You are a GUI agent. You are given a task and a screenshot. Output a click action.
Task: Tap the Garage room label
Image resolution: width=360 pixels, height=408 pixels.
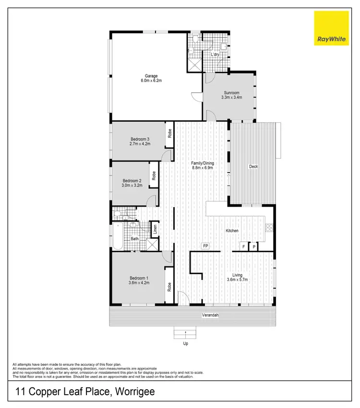pyautogui.click(x=152, y=76)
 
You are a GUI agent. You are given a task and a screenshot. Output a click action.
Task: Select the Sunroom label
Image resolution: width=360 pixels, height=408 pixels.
pyautogui.click(x=231, y=93)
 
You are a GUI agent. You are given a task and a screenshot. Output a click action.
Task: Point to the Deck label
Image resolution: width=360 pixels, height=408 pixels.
pyautogui.click(x=253, y=167)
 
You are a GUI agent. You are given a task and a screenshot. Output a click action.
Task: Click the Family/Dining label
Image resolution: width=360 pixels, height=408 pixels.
pyautogui.click(x=203, y=163)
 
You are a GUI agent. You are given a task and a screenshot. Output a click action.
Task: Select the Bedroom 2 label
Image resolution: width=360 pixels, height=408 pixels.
pyautogui.click(x=132, y=181)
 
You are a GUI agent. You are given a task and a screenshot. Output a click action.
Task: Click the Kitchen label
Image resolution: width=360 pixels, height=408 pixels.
pyautogui.click(x=232, y=231)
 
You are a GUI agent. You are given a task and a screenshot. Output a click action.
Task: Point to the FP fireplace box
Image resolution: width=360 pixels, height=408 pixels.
pyautogui.click(x=205, y=246)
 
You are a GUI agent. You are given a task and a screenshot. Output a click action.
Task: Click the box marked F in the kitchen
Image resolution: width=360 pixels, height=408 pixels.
pyautogui.click(x=244, y=247)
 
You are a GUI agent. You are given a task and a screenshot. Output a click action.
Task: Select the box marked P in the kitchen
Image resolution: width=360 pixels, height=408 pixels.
pyautogui.click(x=254, y=247)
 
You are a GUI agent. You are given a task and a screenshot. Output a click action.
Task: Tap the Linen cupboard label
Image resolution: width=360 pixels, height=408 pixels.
pyautogui.click(x=155, y=230)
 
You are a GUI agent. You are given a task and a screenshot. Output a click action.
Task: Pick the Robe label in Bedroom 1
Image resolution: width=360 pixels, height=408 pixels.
pyautogui.click(x=169, y=287)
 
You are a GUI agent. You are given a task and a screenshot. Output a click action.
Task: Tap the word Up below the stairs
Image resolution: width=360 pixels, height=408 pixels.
pyautogui.click(x=185, y=344)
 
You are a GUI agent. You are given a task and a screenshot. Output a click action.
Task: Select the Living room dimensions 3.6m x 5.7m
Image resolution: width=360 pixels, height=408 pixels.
pyautogui.click(x=238, y=280)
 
